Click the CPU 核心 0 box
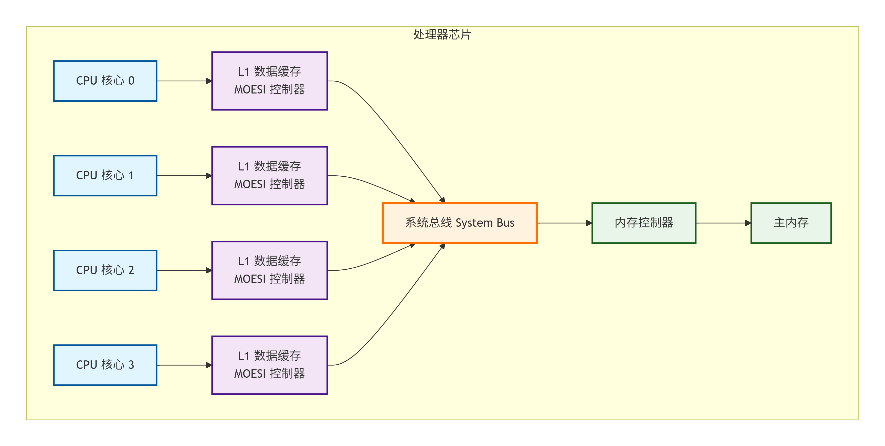pyautogui.click(x=105, y=81)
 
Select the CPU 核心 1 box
pyautogui.click(x=105, y=175)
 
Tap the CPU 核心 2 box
pyautogui.click(x=105, y=270)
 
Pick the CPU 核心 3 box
pyautogui.click(x=105, y=365)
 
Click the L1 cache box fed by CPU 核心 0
pyautogui.click(x=269, y=81)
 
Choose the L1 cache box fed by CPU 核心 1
pyautogui.click(x=269, y=175)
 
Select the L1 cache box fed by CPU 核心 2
pyautogui.click(x=269, y=270)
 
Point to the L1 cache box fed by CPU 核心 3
pyautogui.click(x=269, y=365)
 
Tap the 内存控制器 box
pyautogui.click(x=644, y=223)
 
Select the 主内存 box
pyautogui.click(x=791, y=223)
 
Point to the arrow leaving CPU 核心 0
pyautogui.click(x=184, y=81)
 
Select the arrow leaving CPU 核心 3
pyautogui.click(x=184, y=365)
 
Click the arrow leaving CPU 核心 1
pyautogui.click(x=184, y=176)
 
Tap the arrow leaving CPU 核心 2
pyautogui.click(x=184, y=271)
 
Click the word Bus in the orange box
pyautogui.click(x=505, y=223)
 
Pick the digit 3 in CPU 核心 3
pyautogui.click(x=131, y=365)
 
